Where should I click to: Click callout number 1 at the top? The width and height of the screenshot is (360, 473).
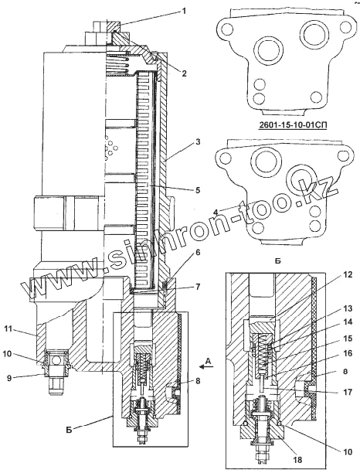coord(183,12)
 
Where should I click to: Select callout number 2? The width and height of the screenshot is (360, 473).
coord(184,73)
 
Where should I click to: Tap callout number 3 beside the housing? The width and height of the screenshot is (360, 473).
coord(198,141)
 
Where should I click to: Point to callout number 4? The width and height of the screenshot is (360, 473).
coord(216,212)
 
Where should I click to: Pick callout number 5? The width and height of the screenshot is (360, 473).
coord(198,190)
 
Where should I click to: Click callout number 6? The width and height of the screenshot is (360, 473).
coord(198,252)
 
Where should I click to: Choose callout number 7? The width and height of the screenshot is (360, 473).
coord(198,287)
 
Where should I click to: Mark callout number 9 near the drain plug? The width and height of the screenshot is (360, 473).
coord(9,378)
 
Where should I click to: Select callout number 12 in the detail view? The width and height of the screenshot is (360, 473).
coord(348,275)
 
